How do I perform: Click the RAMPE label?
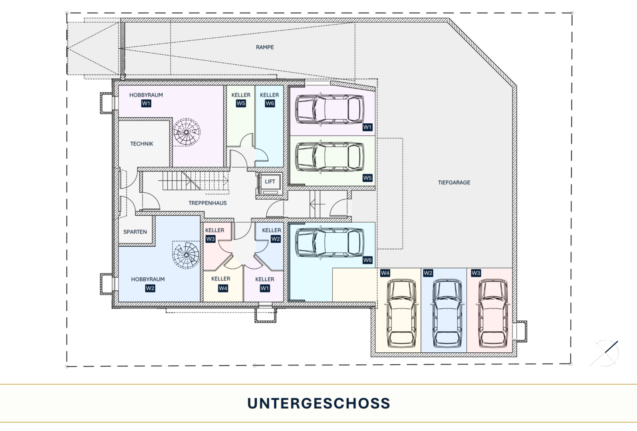265,47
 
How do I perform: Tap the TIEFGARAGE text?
454,182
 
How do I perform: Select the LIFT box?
270,184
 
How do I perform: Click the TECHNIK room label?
142,144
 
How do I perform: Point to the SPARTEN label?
135,232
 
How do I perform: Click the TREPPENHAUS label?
208,203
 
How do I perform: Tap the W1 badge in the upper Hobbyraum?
146,103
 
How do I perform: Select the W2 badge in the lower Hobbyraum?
150,289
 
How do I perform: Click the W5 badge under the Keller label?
241,103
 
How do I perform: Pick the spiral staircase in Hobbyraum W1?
187,132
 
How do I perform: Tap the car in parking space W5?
329,156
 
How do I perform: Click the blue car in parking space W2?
447,313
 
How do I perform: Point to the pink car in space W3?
493,313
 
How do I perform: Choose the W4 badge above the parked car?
385,273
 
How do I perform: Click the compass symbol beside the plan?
605,353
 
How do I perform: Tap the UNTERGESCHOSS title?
319,403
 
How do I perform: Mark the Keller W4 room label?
221,279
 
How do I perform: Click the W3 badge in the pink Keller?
210,239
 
